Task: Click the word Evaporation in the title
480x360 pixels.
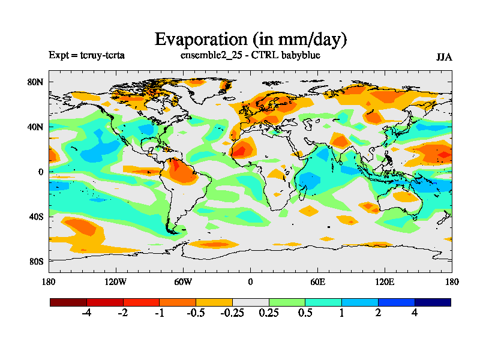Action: (199, 39)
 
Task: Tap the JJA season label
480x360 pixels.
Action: (444, 57)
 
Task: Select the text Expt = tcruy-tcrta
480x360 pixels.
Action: (86, 56)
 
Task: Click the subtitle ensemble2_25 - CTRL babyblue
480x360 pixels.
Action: (250, 56)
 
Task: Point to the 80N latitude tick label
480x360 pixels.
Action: (37, 82)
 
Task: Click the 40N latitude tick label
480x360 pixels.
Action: (37, 127)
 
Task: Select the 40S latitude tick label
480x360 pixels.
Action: (37, 216)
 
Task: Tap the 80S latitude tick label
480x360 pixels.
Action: (37, 261)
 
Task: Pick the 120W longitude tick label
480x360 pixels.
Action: (115, 282)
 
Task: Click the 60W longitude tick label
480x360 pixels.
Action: (183, 282)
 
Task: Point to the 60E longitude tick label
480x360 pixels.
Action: (317, 282)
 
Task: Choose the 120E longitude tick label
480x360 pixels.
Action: (385, 282)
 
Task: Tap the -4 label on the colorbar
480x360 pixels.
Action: (86, 313)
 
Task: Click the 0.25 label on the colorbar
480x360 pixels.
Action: (269, 313)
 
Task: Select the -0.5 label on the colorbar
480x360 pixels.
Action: (196, 313)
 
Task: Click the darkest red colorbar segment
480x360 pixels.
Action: (68, 302)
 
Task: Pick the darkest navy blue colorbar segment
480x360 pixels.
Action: (433, 302)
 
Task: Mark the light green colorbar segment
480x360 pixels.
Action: (287, 302)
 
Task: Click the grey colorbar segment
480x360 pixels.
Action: (250, 302)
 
